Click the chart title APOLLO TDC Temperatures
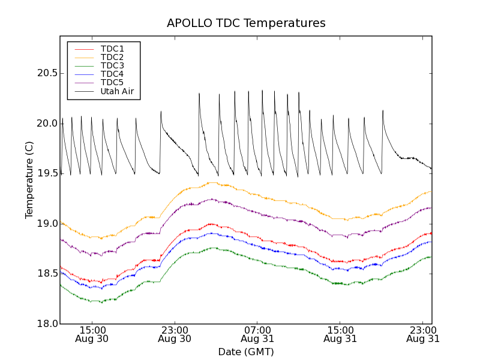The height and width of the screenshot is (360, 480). click(246, 23)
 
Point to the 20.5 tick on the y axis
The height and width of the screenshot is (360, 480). click(46, 73)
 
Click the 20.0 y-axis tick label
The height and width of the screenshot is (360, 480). click(46, 124)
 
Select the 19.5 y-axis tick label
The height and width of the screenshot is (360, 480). click(46, 173)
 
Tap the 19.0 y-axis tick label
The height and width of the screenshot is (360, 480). click(46, 224)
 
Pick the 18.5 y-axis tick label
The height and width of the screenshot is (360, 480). click(46, 274)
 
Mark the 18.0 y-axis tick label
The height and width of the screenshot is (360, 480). click(46, 324)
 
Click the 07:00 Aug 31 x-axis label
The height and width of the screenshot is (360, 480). click(257, 334)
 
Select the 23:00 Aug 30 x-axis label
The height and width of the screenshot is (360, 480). click(175, 334)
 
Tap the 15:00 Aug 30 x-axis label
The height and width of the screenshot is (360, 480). click(92, 334)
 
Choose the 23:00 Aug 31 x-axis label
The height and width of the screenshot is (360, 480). click(422, 334)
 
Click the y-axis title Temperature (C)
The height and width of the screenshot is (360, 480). click(29, 180)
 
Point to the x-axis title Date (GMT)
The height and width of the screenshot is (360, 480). click(246, 352)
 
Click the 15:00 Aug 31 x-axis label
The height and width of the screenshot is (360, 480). click(340, 334)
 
